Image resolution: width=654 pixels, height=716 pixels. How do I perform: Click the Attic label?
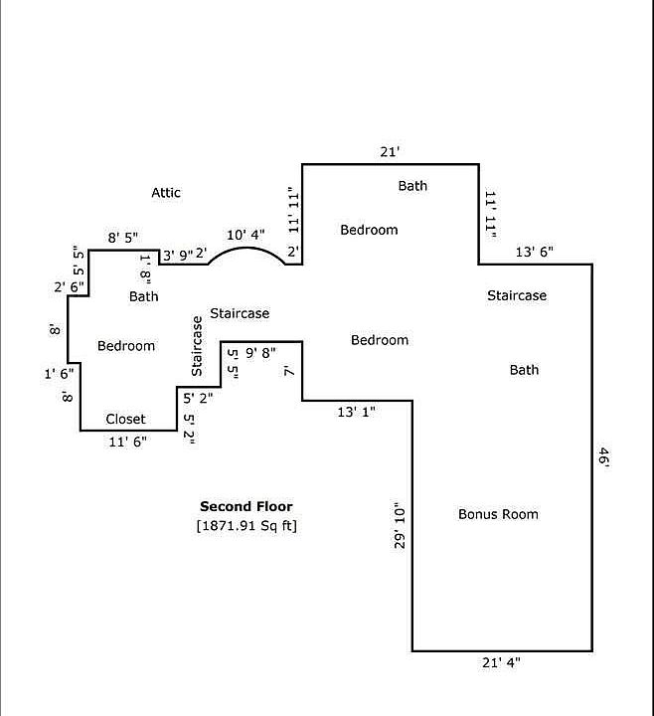[x=166, y=192]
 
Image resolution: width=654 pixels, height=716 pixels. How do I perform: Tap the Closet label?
[x=125, y=419]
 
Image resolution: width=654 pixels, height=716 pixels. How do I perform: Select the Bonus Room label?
[x=498, y=514]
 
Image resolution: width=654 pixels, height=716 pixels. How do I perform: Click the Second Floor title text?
[x=246, y=506]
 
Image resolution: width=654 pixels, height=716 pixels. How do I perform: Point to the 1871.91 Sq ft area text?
[x=246, y=525]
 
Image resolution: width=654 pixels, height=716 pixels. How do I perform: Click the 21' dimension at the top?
[x=390, y=152]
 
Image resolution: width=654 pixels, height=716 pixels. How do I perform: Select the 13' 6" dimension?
[x=535, y=252]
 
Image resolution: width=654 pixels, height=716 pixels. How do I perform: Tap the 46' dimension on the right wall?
[x=603, y=457]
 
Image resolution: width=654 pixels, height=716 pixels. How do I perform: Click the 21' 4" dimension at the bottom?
[x=500, y=662]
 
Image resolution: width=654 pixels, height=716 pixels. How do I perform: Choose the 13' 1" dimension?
[x=357, y=410]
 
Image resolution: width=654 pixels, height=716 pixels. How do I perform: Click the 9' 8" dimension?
[x=260, y=352]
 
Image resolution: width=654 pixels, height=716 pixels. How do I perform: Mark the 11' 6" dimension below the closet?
[x=127, y=443]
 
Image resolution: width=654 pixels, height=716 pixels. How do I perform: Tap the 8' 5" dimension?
[x=122, y=238]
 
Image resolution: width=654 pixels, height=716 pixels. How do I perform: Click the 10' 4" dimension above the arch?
[x=245, y=235]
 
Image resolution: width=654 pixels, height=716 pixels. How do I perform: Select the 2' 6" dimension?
[x=68, y=287]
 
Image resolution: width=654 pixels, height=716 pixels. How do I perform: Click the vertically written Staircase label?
[x=197, y=346]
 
